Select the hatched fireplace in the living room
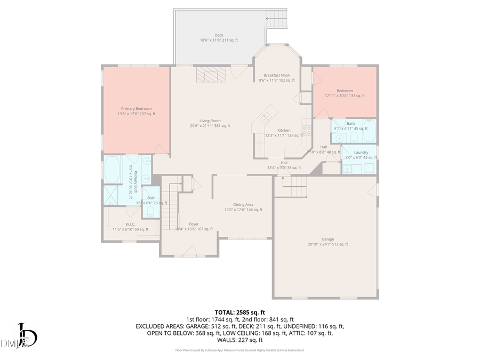211,75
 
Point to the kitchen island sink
267,118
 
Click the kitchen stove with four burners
307,129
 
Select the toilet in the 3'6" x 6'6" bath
151,212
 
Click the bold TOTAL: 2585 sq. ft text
239,312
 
